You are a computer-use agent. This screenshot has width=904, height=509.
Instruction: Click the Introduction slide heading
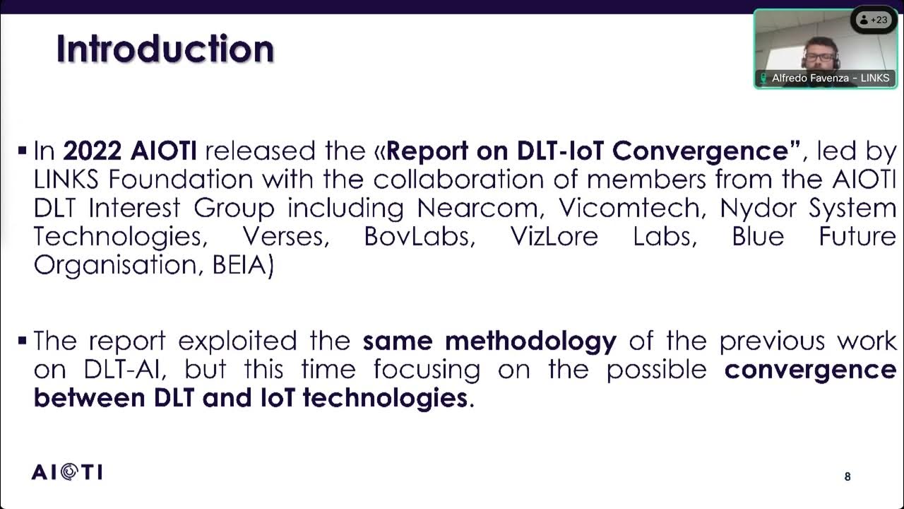(x=165, y=49)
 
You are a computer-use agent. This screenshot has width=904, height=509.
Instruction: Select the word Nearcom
(x=481, y=209)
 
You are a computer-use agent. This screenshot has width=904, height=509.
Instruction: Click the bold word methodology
(x=530, y=341)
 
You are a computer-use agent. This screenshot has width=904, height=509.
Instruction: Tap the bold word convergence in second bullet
(x=810, y=370)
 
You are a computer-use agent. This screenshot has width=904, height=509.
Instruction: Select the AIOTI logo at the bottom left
(x=67, y=472)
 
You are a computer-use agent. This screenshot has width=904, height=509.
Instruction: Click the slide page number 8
(x=847, y=477)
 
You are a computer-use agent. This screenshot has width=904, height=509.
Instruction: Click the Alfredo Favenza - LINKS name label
(x=825, y=78)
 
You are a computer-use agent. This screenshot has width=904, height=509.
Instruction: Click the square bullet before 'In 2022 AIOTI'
(x=23, y=150)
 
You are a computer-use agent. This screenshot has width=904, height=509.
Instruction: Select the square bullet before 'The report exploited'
(x=23, y=340)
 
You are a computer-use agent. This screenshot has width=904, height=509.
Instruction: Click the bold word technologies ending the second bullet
(x=384, y=398)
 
